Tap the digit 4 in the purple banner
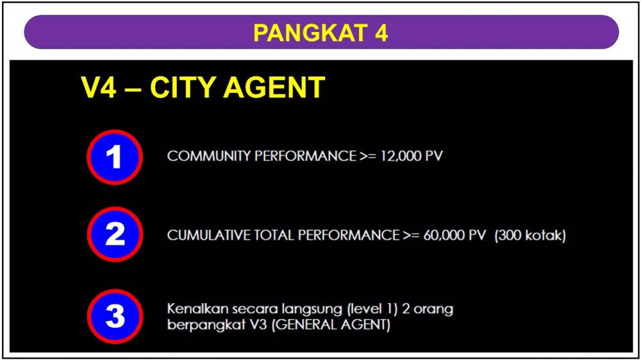pos(381,33)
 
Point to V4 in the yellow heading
pos(99,87)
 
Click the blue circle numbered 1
pos(115,158)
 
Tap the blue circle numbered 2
pos(115,234)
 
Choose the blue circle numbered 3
pos(115,316)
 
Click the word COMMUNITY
pos(208,156)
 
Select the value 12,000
pos(401,156)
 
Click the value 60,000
pos(444,235)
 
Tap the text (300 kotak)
pos(530,235)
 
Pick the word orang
pos(433,309)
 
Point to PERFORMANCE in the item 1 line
pos(305,156)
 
